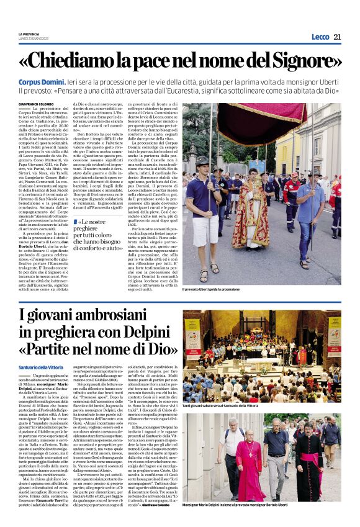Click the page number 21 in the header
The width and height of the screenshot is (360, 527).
(337, 36)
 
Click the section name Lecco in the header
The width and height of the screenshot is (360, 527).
(320, 36)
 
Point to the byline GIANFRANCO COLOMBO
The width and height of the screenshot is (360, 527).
(37, 104)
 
